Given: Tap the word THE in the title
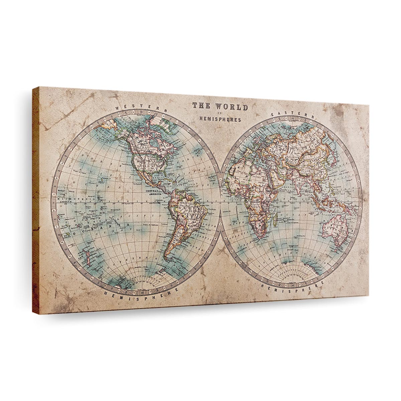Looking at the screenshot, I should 201,106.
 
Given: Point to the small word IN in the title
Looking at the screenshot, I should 219,113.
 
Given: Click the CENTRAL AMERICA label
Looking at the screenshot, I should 154,192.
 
